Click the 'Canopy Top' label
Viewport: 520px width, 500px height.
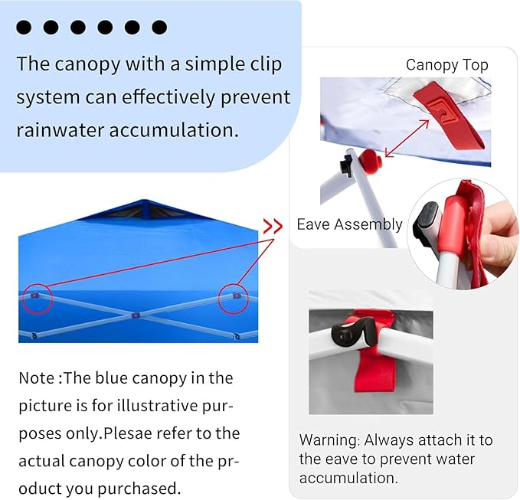pyautogui.click(x=446, y=65)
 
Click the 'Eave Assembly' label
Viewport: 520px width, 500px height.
pyautogui.click(x=349, y=224)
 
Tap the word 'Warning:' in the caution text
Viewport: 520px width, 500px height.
pyautogui.click(x=329, y=440)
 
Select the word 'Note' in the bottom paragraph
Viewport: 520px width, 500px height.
pyautogui.click(x=38, y=377)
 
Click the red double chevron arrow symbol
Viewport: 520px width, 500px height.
pyautogui.click(x=273, y=226)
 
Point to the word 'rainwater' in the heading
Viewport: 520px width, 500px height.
pyautogui.click(x=60, y=129)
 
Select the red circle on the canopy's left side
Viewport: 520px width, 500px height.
pyautogui.click(x=37, y=299)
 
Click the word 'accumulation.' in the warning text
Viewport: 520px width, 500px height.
pyautogui.click(x=348, y=478)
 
